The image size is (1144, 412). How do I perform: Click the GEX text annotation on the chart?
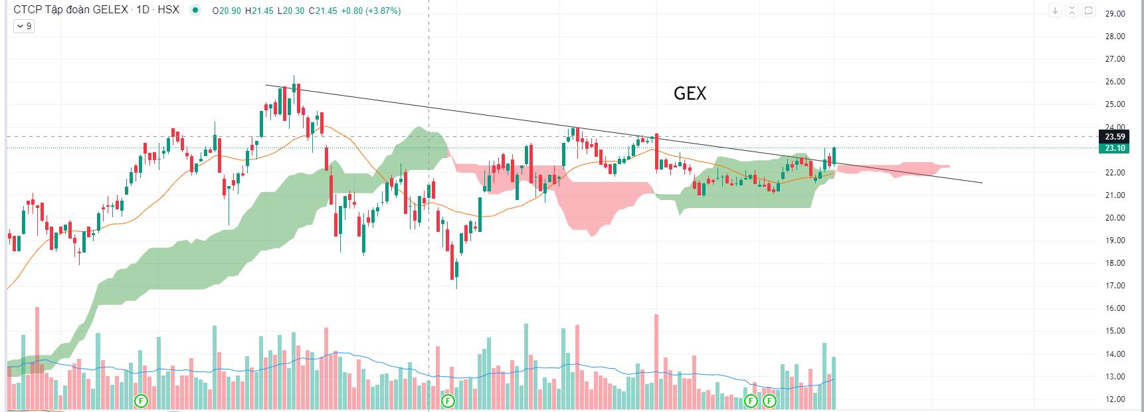[690, 94]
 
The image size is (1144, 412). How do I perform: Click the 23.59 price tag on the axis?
[1115, 137]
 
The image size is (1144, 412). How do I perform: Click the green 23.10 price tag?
[1115, 148]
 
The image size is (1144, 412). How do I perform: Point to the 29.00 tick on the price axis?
[1115, 13]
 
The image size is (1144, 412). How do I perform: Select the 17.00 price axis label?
[1115, 286]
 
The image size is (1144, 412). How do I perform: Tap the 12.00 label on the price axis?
[1115, 399]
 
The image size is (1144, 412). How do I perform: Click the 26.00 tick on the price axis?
[1115, 82]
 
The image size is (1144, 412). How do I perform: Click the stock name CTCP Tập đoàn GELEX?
[70, 10]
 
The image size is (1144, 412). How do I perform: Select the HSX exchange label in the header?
[169, 10]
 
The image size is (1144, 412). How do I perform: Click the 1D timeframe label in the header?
[143, 10]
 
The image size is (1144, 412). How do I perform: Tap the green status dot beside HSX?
[195, 10]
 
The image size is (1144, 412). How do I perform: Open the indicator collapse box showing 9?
[23, 26]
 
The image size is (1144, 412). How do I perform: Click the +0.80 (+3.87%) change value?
[371, 11]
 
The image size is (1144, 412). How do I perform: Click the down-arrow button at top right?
[1055, 11]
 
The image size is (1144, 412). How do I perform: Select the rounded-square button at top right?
[1088, 11]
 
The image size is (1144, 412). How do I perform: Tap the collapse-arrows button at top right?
[1072, 11]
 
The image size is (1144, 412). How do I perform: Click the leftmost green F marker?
[141, 401]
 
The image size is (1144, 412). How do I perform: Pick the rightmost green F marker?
[769, 401]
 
